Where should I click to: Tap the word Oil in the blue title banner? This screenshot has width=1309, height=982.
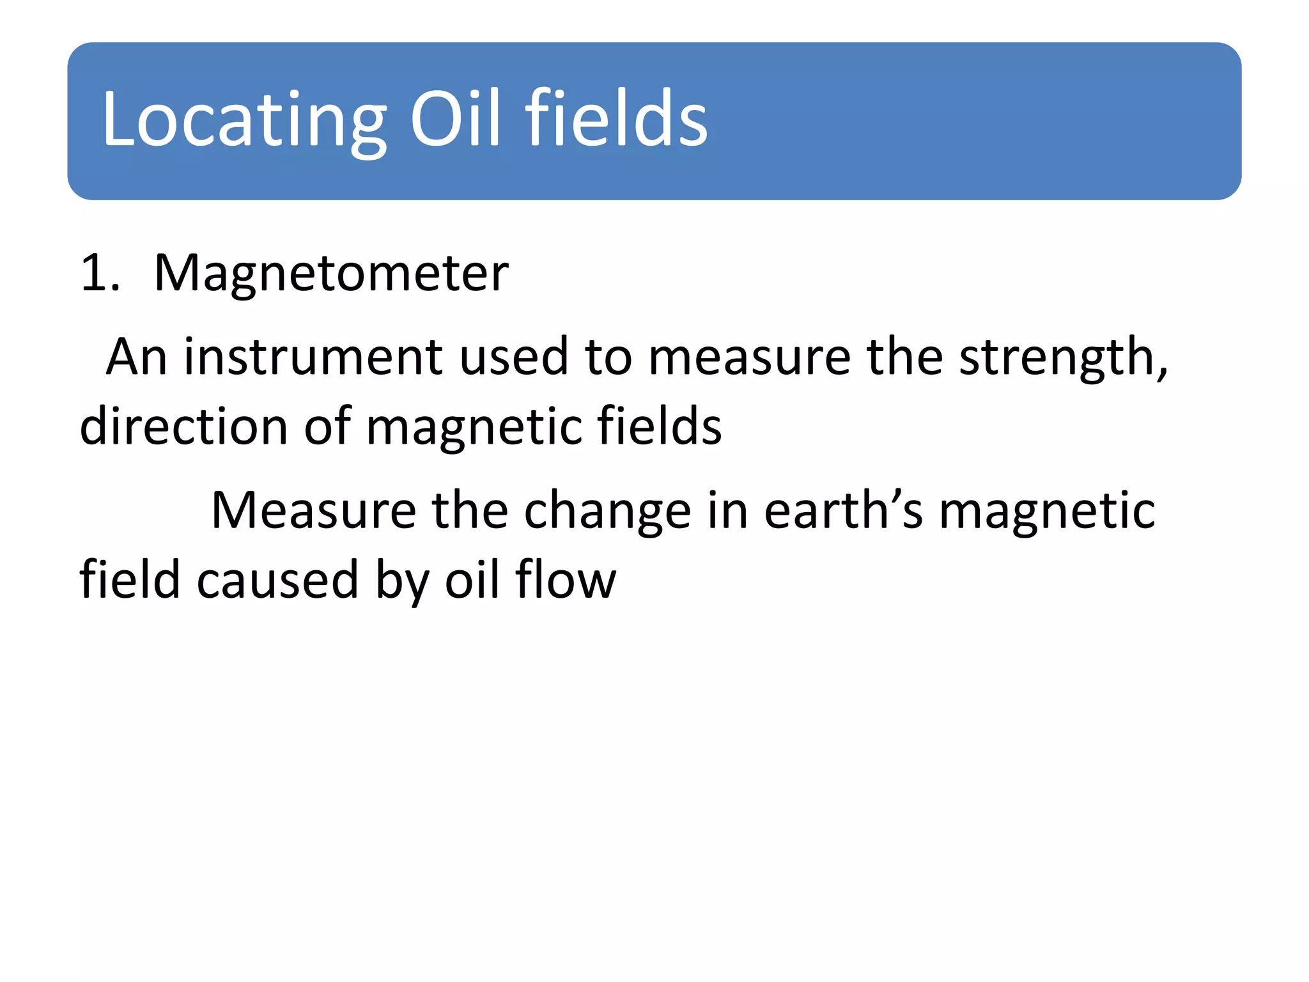[x=455, y=119]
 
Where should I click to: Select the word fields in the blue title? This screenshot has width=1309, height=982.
[x=616, y=119]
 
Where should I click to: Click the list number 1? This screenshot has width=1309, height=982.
[x=99, y=274]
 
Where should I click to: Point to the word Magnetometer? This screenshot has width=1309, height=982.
[x=331, y=274]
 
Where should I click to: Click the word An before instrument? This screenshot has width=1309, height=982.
[x=136, y=357]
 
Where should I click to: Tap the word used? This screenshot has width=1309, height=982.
[x=513, y=357]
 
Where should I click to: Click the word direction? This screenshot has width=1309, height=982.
[x=183, y=426]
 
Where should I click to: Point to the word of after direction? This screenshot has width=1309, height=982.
[x=327, y=426]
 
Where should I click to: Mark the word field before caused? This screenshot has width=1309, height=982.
[x=130, y=580]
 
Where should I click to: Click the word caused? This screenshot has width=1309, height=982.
[x=277, y=581]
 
